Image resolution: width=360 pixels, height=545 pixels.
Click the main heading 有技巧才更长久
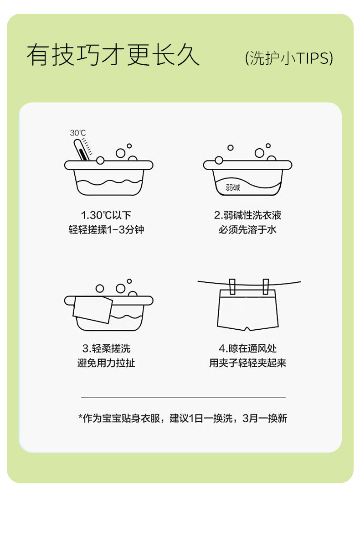tap(113, 55)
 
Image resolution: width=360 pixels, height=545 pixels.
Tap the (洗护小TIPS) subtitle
tap(289, 58)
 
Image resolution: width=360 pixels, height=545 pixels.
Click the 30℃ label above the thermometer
tap(78, 133)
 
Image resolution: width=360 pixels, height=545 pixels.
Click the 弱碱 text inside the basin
tap(233, 188)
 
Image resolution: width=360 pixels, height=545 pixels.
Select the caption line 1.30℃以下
tap(106, 215)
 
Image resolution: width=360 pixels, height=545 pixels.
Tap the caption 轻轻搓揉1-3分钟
tap(106, 230)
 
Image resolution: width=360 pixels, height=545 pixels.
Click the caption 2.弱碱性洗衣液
tap(247, 215)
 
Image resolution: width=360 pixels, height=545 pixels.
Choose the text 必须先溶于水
tap(247, 230)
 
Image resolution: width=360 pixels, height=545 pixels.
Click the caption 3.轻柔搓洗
tap(106, 348)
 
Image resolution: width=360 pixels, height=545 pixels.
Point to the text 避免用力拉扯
tap(106, 363)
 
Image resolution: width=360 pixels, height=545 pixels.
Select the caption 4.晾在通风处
tap(247, 348)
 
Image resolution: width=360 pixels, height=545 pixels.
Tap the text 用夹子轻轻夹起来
tap(247, 363)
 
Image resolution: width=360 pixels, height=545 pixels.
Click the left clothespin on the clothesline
tap(232, 286)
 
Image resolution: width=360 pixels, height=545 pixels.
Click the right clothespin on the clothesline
tap(266, 286)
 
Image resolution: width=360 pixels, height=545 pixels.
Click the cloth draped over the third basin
tap(93, 309)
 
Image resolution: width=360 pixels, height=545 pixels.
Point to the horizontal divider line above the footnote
tap(183, 397)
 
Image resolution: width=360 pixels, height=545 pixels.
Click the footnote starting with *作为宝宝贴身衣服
tap(183, 418)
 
